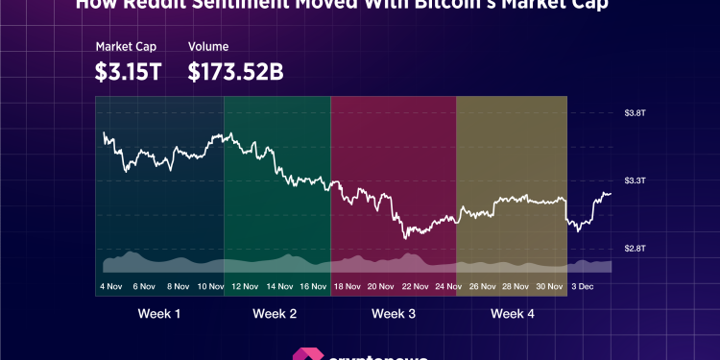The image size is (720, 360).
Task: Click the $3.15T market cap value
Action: click(128, 71)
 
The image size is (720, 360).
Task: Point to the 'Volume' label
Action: click(207, 46)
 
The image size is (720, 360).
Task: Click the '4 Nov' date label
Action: click(111, 286)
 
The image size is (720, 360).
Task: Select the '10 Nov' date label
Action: click(210, 286)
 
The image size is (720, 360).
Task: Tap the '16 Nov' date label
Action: click(313, 286)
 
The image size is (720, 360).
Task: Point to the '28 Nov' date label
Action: click(519, 286)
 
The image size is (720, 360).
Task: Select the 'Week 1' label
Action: click(158, 314)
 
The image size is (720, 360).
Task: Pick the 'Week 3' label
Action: click(394, 314)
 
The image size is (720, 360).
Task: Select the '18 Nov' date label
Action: click(348, 286)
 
